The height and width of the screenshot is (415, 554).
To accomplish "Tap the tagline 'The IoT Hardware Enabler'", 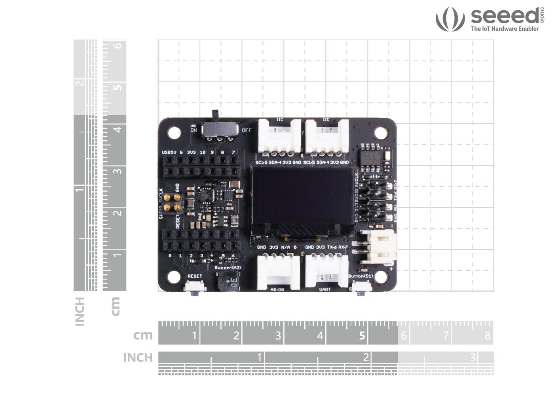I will pos(505,29).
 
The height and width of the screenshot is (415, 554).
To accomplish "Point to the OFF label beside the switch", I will pos(247,130).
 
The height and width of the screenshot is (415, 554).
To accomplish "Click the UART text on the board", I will pos(325,289).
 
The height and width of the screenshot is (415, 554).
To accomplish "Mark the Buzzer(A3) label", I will pos(228,268).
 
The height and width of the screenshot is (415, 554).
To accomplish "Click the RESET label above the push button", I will pos(195,276).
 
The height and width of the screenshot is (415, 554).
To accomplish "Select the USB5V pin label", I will pos(169,153).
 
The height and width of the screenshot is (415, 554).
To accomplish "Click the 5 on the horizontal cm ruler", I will pos(362,336).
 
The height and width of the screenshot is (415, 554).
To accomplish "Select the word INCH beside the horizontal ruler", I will pos(138,357).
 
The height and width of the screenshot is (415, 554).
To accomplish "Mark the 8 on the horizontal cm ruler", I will pos(488,336).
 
